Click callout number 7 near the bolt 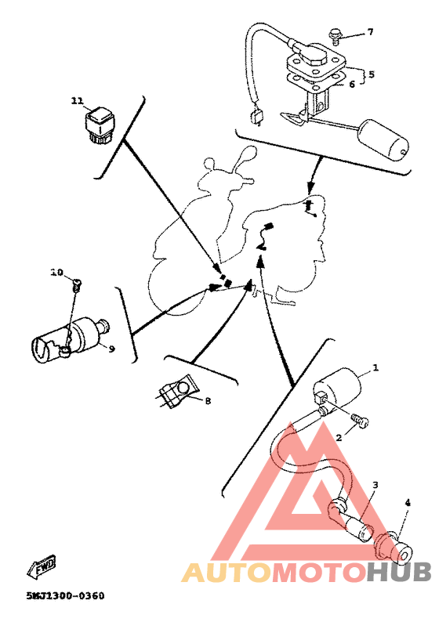(x=370, y=32)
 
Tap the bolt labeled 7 (x=335, y=35)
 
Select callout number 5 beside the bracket (x=371, y=74)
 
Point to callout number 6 (x=352, y=84)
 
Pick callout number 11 (x=77, y=101)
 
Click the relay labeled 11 (x=98, y=125)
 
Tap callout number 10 (x=56, y=272)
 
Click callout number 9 (x=111, y=349)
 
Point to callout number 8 (x=208, y=400)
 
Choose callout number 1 (x=376, y=367)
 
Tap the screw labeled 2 (x=360, y=421)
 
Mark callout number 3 (x=375, y=485)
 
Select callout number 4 (x=408, y=503)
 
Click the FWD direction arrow (x=42, y=566)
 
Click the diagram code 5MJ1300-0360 (x=66, y=596)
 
